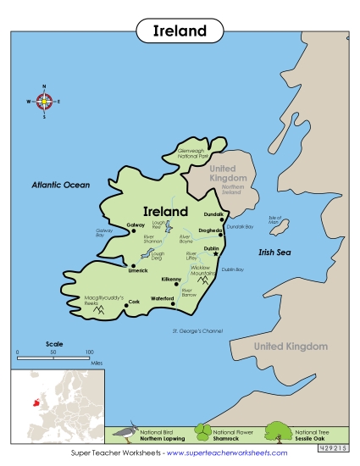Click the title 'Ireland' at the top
180,31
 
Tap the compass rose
45,101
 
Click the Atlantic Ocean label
60,184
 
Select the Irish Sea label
274,252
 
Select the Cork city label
133,301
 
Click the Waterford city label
163,298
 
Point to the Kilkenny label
172,279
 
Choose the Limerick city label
138,270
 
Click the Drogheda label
211,230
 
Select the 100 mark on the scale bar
89,350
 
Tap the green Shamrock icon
202,434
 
